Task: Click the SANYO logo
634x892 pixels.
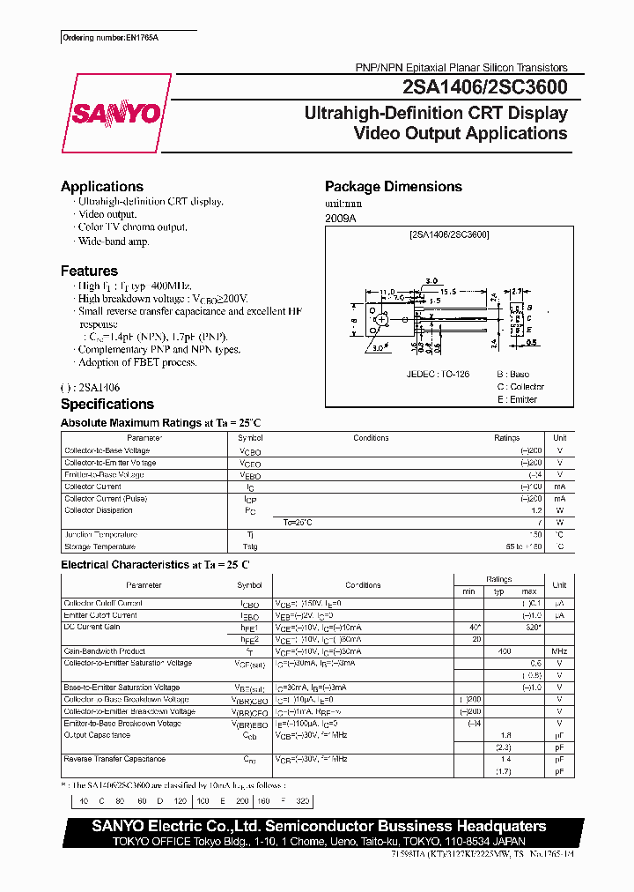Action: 115,113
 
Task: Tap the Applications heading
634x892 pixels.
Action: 102,187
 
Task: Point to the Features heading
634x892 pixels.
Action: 89,271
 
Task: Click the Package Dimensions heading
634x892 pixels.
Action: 393,187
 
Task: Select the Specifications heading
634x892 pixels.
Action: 107,405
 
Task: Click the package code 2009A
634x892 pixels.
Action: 341,218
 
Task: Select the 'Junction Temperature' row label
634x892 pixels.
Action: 100,535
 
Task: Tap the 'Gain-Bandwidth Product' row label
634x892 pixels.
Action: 105,651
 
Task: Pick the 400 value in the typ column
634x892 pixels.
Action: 504,651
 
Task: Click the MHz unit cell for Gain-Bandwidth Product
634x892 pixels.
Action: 558,651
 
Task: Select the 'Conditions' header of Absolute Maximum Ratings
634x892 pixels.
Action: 371,438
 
